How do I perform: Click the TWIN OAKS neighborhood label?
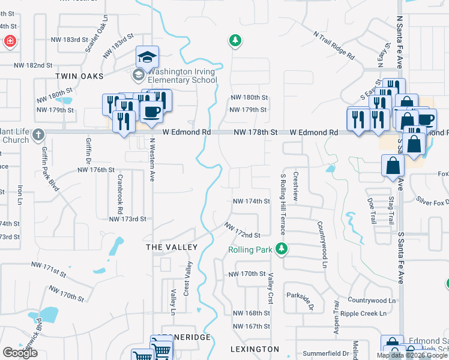click(x=79, y=76)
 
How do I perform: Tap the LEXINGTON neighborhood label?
click(x=255, y=349)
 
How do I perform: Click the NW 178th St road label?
click(x=255, y=132)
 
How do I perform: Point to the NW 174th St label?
click(x=251, y=201)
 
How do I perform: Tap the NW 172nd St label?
click(x=243, y=231)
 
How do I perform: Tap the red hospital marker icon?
click(x=10, y=41)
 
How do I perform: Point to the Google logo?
click(x=20, y=353)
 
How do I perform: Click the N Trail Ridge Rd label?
click(x=333, y=45)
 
